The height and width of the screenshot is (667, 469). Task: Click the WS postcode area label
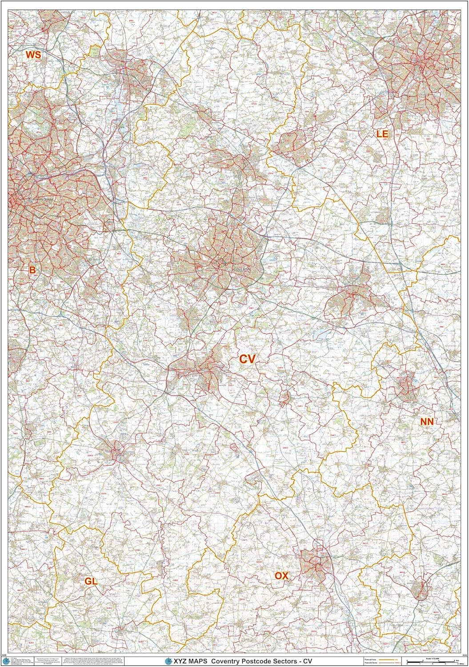(33, 55)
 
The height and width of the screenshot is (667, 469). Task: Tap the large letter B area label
(32, 269)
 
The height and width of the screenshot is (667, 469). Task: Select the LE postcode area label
(382, 133)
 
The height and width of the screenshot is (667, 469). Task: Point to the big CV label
(247, 359)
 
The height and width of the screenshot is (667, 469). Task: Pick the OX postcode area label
(281, 576)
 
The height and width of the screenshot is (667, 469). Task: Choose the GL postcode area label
(91, 581)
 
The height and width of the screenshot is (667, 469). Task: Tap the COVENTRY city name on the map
(242, 269)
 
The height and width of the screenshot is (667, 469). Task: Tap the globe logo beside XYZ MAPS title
(168, 661)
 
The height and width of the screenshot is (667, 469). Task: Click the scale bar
(433, 661)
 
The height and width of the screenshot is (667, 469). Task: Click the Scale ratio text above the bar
(433, 657)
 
